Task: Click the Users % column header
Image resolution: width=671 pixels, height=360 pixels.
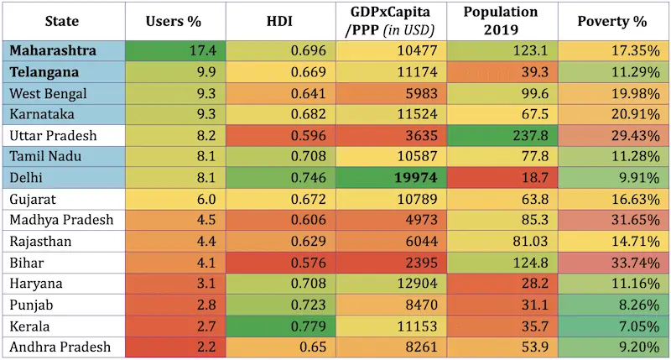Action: pyautogui.click(x=174, y=22)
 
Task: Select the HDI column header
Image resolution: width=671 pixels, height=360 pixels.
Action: pyautogui.click(x=279, y=22)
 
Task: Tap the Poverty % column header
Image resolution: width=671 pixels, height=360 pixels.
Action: pyautogui.click(x=612, y=22)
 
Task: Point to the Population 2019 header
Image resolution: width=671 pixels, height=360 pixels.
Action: pyautogui.click(x=501, y=20)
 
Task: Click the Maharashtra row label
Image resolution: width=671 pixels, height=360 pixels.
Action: pyautogui.click(x=53, y=50)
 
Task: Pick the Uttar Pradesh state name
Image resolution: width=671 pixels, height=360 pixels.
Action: pyautogui.click(x=53, y=136)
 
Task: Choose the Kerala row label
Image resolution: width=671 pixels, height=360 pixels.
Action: pyautogui.click(x=29, y=326)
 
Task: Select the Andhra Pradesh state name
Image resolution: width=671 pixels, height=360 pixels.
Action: pyautogui.click(x=60, y=347)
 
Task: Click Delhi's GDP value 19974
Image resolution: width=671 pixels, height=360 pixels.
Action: pyautogui.click(x=416, y=178)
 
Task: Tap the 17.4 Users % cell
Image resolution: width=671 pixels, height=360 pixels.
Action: pyautogui.click(x=203, y=50)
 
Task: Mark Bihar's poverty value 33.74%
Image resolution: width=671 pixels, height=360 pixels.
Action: pyautogui.click(x=636, y=263)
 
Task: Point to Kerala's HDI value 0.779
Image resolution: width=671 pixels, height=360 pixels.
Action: pyautogui.click(x=308, y=326)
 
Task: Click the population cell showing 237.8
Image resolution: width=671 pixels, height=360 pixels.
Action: pyautogui.click(x=531, y=136)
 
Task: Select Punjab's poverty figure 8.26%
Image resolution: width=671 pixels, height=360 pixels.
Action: pyautogui.click(x=640, y=305)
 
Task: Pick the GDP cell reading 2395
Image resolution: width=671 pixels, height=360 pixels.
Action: pyautogui.click(x=422, y=263)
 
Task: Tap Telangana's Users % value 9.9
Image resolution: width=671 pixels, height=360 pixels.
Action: pyautogui.click(x=206, y=72)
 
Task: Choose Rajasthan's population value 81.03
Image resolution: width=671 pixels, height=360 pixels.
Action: pyautogui.click(x=531, y=242)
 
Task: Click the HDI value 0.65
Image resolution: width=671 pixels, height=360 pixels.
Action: pyautogui.click(x=313, y=347)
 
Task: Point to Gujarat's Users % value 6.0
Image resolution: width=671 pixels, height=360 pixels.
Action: pyautogui.click(x=206, y=200)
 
